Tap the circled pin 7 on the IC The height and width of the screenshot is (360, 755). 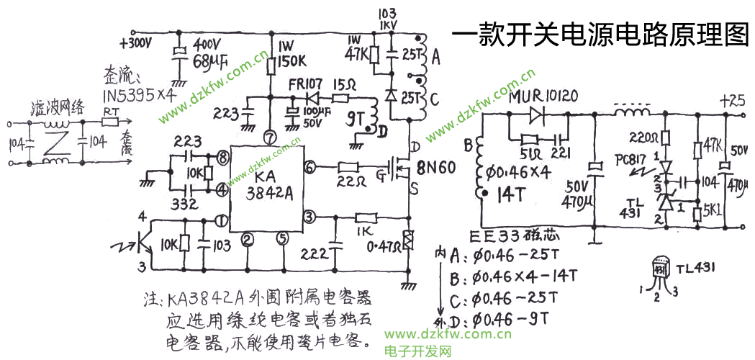[270, 135]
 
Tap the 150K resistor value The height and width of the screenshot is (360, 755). [292, 59]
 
